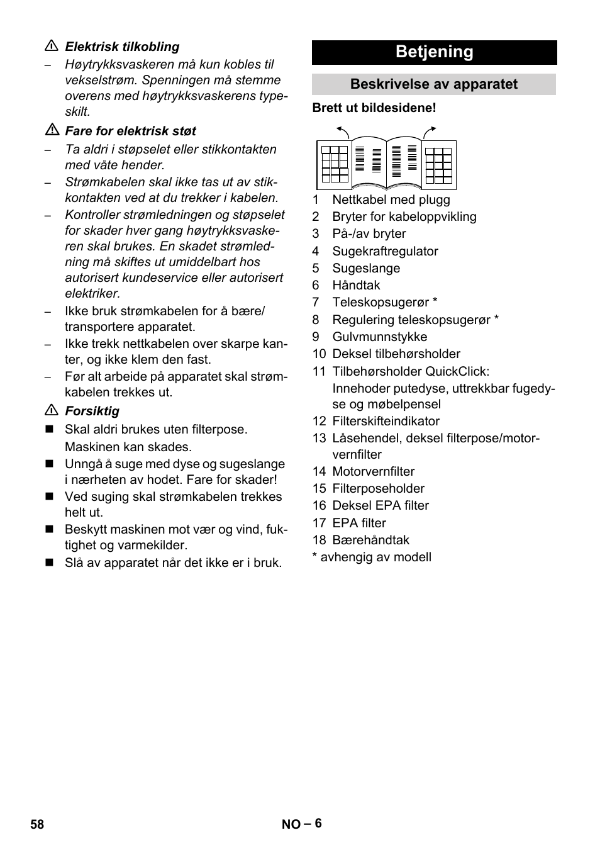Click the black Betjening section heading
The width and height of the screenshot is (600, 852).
(434, 52)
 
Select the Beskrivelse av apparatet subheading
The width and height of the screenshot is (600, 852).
(434, 84)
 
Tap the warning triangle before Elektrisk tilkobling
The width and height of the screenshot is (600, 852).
(51, 47)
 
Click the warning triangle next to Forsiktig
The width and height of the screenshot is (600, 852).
(51, 411)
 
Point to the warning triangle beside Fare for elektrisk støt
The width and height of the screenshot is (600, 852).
(51, 131)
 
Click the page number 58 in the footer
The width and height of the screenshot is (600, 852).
(37, 824)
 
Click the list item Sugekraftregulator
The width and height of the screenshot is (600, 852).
(385, 251)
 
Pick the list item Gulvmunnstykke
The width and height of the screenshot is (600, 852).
(379, 337)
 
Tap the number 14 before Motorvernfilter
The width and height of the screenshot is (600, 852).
(319, 471)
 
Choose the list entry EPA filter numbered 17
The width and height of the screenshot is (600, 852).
(359, 523)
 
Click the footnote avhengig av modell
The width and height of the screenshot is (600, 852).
(375, 557)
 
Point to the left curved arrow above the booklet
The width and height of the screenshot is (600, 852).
(343, 131)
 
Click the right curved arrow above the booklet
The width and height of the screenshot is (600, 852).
(430, 131)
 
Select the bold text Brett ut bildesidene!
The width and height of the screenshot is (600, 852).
(374, 108)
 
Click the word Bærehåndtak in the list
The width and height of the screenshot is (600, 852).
(370, 540)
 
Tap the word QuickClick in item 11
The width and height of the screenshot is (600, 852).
(457, 371)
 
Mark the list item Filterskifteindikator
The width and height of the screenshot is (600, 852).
(386, 421)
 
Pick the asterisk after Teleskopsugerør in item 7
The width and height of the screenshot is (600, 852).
(435, 301)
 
